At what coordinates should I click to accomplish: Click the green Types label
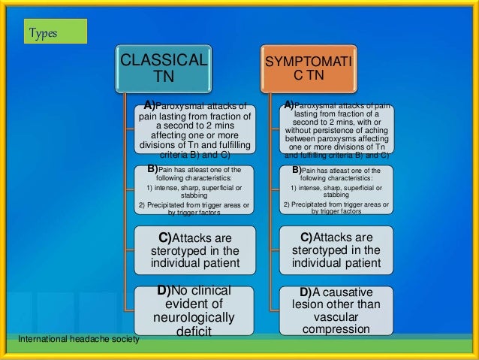point(54,32)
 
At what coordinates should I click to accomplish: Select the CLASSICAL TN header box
point(163,68)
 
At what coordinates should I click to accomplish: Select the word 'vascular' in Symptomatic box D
point(336,317)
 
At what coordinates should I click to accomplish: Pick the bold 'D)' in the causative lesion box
point(306,292)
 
